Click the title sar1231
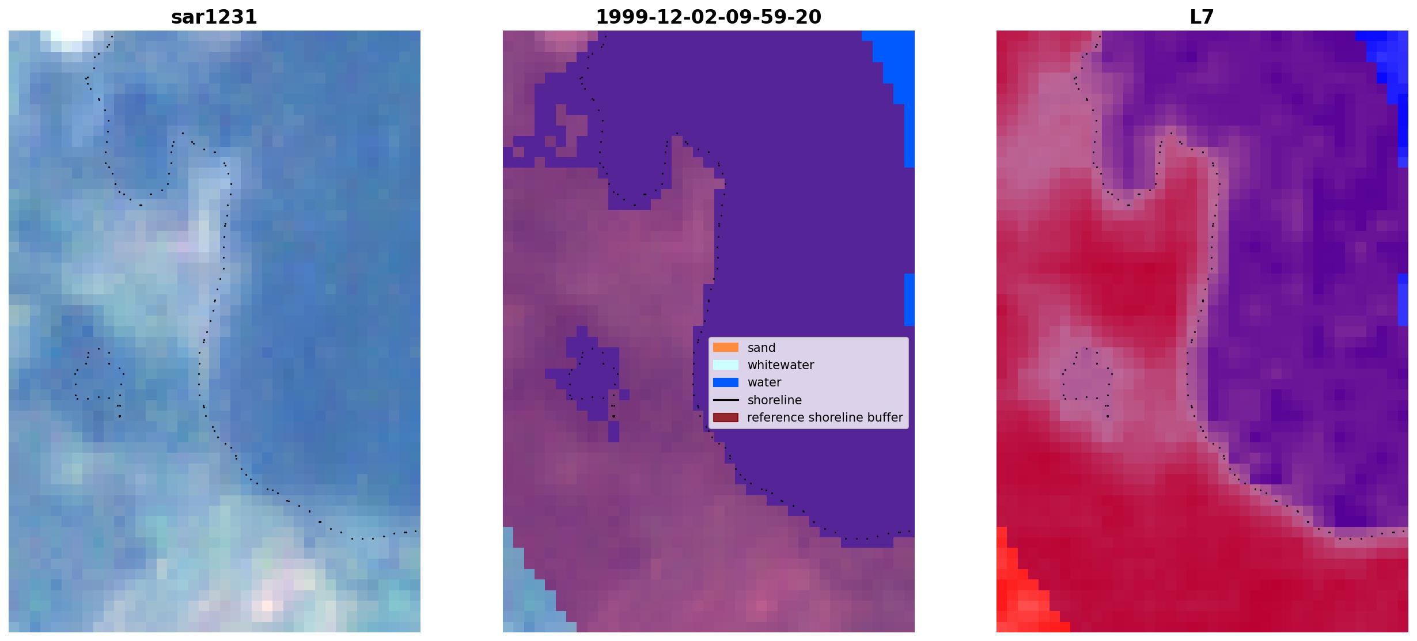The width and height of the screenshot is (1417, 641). point(214,17)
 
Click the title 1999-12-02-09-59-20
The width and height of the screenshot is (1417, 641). point(708,17)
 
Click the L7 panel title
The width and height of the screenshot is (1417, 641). point(1202,17)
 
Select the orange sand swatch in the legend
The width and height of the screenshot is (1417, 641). point(726,347)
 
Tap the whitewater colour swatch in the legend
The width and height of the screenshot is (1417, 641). point(726,365)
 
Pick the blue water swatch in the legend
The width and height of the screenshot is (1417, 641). point(726,382)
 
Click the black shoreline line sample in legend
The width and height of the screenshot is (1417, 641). point(726,400)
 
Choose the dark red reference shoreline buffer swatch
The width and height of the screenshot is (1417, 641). point(726,417)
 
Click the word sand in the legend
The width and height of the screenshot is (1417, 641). point(761,348)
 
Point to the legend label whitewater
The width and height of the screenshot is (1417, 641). point(781,365)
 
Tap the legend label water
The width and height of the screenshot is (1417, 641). point(764,382)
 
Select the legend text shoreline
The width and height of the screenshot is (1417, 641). point(775,400)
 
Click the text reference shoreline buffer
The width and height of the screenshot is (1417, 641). point(825,418)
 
